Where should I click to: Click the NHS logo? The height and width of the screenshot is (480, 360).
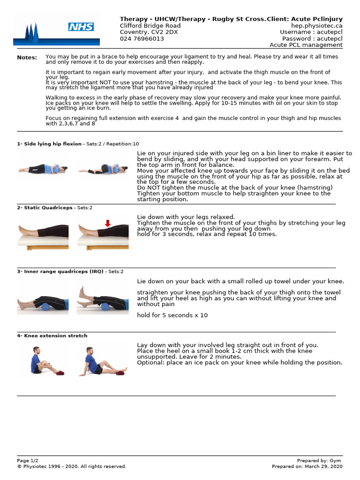[81, 27]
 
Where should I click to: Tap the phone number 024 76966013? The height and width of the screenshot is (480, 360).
[142, 39]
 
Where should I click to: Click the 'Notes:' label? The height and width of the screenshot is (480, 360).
[27, 58]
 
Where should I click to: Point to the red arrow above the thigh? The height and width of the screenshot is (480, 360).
[108, 224]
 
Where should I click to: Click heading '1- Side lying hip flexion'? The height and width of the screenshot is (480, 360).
[49, 144]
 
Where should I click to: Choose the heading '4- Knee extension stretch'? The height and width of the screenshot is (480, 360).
[52, 336]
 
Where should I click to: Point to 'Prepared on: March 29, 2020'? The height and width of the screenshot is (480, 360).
[307, 466]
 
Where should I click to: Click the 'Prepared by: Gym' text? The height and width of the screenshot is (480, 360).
[320, 461]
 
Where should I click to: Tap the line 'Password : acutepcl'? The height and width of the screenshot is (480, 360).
[312, 39]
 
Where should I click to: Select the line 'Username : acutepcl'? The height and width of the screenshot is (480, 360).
[311, 32]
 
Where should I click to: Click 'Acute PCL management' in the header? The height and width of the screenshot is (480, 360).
[306, 45]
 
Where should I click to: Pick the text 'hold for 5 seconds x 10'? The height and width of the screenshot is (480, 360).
[172, 315]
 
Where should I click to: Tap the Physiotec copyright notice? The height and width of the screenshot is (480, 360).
[72, 466]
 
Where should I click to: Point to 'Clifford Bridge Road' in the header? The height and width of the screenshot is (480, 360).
[150, 26]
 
